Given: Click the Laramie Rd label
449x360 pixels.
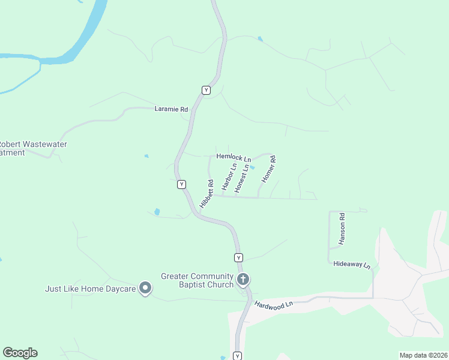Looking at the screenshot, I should tap(171, 109).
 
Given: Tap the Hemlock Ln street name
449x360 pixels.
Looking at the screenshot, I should tap(233, 157).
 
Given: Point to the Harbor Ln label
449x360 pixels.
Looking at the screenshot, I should tap(226, 178).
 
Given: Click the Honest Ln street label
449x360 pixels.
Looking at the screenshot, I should tap(241, 179).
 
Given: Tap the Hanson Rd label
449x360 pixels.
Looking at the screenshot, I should tap(342, 228).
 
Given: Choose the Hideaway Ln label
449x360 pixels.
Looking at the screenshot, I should tap(352, 265).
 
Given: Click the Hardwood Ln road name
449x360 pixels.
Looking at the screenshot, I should tap(273, 304).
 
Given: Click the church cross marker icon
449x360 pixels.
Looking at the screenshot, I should tap(243, 279).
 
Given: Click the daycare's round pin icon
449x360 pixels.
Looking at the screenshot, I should tap(145, 289).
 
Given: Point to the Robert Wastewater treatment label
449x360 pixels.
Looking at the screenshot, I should tap(32, 148).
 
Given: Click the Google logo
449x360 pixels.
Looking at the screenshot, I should tap(20, 353).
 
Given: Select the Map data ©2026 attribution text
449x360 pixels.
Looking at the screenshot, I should tap(423, 355).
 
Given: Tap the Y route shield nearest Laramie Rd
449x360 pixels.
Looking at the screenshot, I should tap(206, 90).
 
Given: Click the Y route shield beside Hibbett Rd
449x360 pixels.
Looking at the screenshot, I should tap(181, 185).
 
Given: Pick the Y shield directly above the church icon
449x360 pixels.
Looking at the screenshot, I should tap(238, 257).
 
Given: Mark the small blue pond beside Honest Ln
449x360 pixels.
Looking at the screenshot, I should tap(253, 167).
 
